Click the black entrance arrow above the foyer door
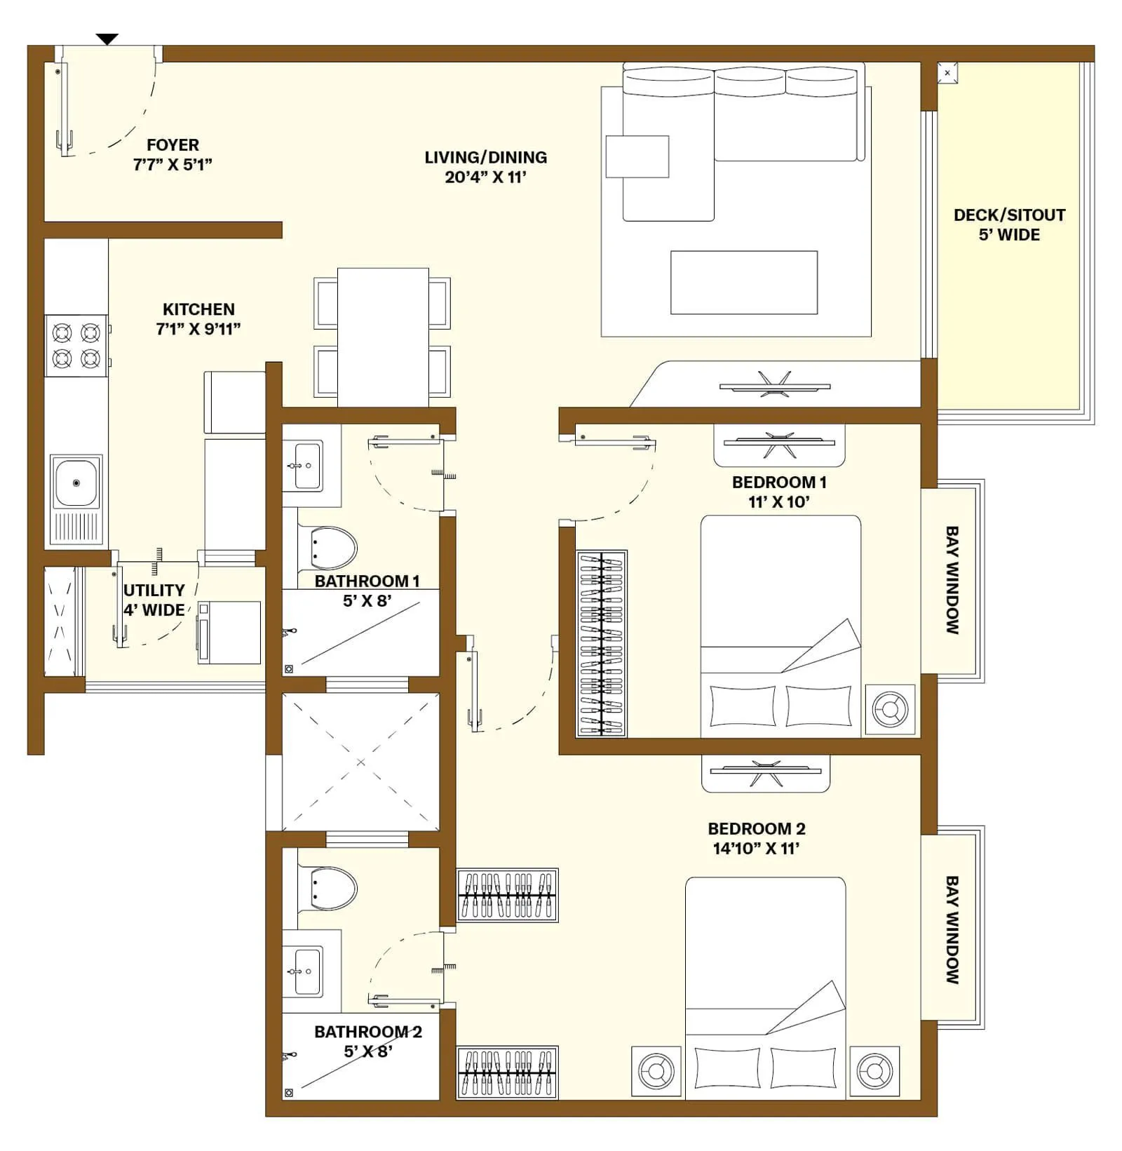point(107,39)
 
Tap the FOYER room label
point(173,145)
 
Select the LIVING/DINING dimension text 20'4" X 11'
point(485,177)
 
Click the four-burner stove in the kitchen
point(76,345)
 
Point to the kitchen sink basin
point(76,482)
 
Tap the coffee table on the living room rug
point(743,282)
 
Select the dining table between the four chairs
point(383,337)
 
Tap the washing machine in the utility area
point(229,632)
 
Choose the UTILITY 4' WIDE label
point(154,600)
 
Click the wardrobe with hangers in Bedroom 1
point(602,643)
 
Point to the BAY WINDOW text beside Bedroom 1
point(952,580)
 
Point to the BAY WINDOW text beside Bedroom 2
point(952,929)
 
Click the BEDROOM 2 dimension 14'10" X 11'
point(756,849)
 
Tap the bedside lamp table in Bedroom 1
point(890,709)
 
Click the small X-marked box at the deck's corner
point(947,72)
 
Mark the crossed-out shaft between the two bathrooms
point(360,762)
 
